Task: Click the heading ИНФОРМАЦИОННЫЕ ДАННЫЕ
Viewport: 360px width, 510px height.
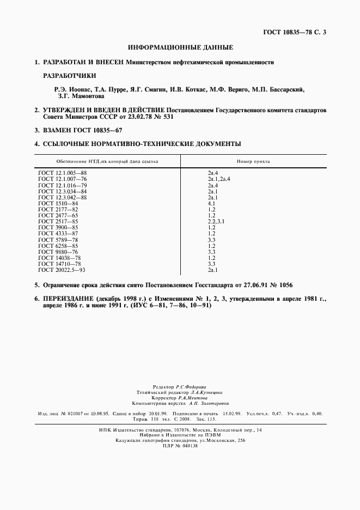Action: tap(180, 47)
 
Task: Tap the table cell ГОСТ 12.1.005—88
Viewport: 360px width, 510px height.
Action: tap(63, 173)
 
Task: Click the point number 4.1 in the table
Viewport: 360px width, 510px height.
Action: tap(212, 203)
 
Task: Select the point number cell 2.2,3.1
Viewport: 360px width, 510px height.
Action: tap(216, 221)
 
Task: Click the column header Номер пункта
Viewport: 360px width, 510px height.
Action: tap(253, 161)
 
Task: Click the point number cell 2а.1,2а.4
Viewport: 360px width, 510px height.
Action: tap(219, 179)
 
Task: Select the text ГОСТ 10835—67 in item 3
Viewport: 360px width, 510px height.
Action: tap(99, 131)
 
